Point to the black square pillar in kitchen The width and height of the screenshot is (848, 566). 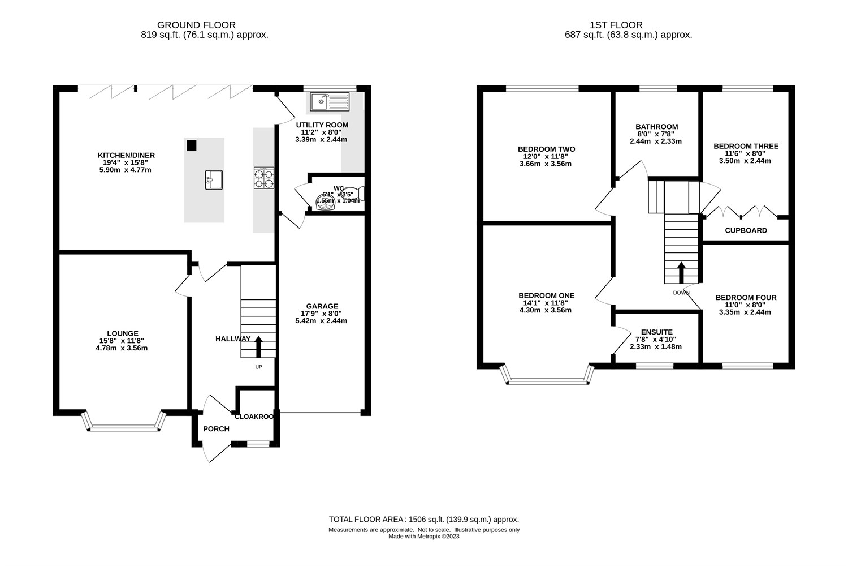point(192,145)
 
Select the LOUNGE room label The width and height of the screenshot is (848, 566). point(123,333)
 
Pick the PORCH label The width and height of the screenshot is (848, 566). point(216,429)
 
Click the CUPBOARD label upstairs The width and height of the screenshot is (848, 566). point(746,230)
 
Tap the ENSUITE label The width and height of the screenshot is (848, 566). point(656,332)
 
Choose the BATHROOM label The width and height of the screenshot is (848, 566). point(656,127)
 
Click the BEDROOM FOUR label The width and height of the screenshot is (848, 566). point(746,298)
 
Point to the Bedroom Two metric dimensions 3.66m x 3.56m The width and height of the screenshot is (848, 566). point(546,164)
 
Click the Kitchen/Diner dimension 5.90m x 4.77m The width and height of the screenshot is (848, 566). point(126,170)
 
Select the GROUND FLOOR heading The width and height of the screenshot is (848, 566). point(196,25)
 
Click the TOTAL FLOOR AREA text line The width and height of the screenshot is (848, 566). point(423,519)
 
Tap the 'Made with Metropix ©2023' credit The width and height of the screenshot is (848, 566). point(423,537)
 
